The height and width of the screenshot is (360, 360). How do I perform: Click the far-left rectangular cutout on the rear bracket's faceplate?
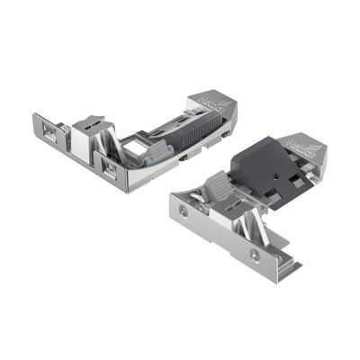[49, 131]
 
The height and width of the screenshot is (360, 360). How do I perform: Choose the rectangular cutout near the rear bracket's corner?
[109, 167]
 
